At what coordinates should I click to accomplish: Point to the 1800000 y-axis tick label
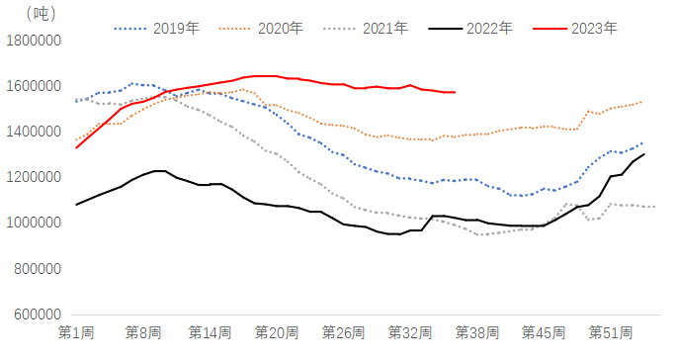click(33, 41)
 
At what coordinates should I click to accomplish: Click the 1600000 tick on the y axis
click(33, 86)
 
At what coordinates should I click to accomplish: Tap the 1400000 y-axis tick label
click(33, 132)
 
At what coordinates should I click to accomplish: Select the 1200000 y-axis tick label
click(33, 177)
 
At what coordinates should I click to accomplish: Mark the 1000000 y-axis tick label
click(33, 223)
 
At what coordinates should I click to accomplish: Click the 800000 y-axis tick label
click(37, 268)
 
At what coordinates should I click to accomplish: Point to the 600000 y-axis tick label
click(37, 314)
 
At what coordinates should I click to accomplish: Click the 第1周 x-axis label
click(76, 331)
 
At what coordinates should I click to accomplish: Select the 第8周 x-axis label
click(143, 331)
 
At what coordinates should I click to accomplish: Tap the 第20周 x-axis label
click(276, 331)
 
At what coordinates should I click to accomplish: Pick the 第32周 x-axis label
click(409, 331)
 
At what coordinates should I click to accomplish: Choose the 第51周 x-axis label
click(610, 331)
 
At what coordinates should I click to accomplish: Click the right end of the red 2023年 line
click(455, 92)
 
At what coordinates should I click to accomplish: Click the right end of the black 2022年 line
click(644, 153)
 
